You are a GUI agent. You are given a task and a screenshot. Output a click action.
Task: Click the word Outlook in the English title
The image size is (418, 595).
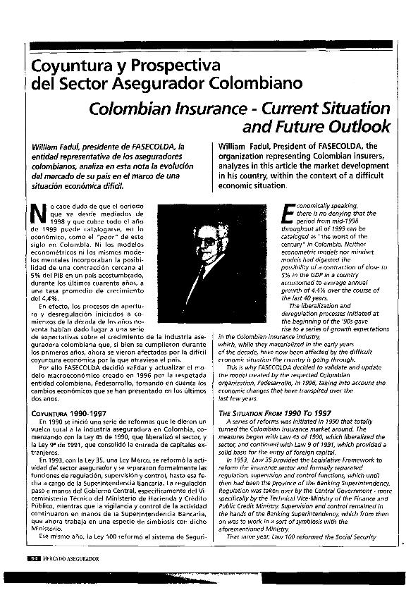point(357,128)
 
